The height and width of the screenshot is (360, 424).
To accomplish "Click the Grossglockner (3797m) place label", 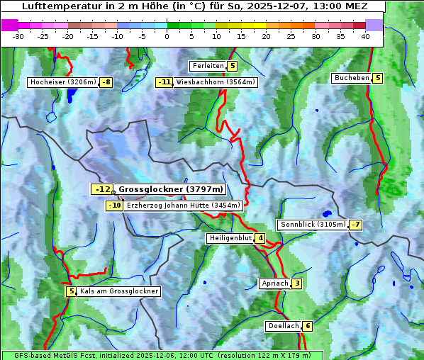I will (x=170, y=189).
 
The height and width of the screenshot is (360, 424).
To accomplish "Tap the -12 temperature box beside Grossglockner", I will (x=102, y=189).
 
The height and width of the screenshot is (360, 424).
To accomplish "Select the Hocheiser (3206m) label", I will (x=62, y=82).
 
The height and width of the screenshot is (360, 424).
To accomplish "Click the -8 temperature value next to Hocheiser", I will (x=106, y=82).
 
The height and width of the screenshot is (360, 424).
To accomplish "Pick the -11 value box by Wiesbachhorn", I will (x=164, y=82).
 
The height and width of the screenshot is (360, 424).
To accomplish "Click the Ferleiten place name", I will (x=208, y=66).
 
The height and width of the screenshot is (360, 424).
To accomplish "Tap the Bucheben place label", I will (x=352, y=78).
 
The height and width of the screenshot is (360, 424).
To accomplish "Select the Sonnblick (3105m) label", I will (x=313, y=225).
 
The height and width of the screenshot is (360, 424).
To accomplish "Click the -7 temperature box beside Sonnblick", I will (x=356, y=225).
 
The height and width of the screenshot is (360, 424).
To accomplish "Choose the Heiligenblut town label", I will (x=230, y=238).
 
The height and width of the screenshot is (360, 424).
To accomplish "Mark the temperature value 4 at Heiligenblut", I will (x=260, y=238).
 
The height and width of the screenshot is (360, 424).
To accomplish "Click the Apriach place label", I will (x=275, y=283).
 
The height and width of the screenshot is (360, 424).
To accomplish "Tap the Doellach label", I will (x=284, y=326).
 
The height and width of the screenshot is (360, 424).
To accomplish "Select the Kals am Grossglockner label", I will (x=118, y=291).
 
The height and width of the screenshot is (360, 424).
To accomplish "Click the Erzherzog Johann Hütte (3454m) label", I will (x=184, y=206).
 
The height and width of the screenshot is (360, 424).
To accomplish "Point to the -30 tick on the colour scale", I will (x=18, y=36).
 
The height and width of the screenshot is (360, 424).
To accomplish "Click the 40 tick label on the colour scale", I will (x=365, y=36).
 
